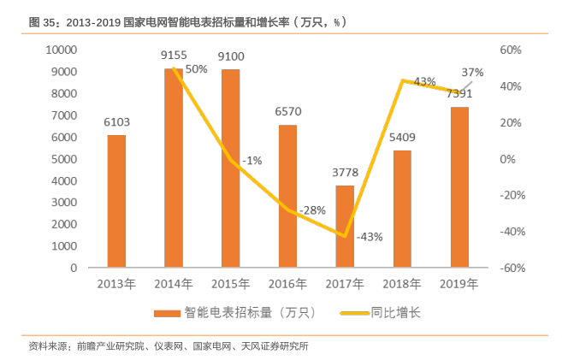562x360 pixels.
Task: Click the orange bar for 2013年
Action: tap(116, 201)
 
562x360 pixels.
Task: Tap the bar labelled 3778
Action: tap(345, 227)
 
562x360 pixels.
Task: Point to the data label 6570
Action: tap(287, 112)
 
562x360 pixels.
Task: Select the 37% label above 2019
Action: tap(472, 72)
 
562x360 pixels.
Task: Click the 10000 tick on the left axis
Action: tap(59, 50)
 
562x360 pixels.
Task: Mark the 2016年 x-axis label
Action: tap(287, 283)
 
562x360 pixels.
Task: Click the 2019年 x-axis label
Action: tap(458, 283)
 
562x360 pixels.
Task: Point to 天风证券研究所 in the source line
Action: tap(276, 346)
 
